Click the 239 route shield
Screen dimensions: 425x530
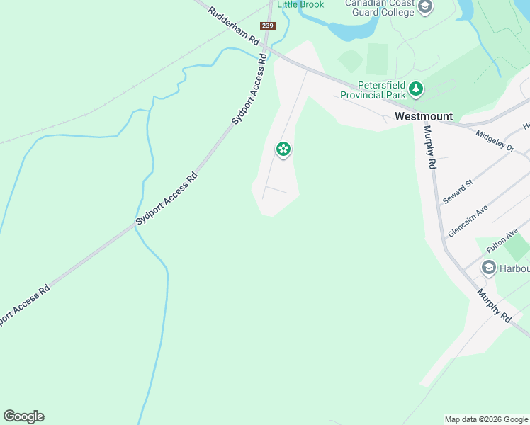267,25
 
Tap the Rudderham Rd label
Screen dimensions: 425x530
235,26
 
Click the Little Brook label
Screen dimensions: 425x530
300,4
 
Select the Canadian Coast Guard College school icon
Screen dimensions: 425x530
425,8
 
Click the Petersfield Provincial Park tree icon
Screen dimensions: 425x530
416,89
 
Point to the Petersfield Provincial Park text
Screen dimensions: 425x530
372,89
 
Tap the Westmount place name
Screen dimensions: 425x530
423,116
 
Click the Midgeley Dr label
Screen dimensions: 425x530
495,141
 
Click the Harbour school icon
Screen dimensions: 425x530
488,268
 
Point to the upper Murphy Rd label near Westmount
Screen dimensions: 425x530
428,147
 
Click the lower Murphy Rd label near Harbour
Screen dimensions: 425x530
493,305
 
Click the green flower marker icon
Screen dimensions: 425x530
283,149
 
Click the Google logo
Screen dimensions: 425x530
23,416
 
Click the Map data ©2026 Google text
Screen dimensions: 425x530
486,419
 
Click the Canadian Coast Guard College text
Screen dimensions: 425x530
379,8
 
